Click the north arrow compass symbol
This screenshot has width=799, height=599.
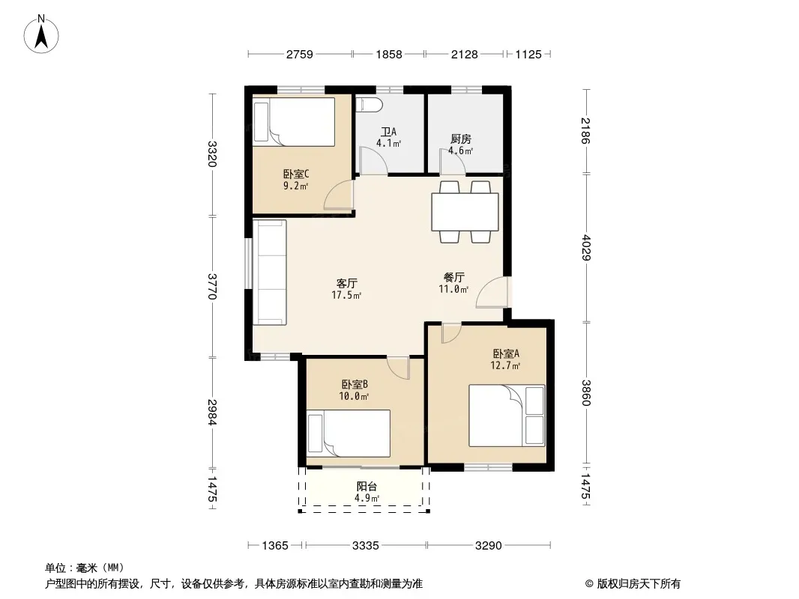pos(41,34)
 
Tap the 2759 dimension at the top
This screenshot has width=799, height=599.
pos(300,54)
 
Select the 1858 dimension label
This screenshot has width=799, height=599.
pos(389,54)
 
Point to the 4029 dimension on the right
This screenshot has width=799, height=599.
pos(585,247)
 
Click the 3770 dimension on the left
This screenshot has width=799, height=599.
pos(212,287)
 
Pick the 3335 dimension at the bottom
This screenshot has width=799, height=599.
pos(365,546)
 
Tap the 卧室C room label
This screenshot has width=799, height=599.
pos(296,174)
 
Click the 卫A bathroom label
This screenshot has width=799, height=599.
pos(389,132)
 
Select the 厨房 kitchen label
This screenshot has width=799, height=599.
pos(461,139)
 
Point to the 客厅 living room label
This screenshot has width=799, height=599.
pos(346,283)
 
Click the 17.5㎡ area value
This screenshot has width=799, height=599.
pos(346,295)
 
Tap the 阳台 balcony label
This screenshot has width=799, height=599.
pos(367,487)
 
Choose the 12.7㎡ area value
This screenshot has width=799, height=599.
pos(505,365)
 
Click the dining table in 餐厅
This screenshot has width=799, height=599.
pos(465,212)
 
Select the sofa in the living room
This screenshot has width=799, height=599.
pos(270,273)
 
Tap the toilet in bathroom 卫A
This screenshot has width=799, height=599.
pos(370,104)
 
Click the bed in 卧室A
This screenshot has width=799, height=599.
pos(507,416)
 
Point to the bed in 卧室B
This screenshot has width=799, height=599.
pos(349,433)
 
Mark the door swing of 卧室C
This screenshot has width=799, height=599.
pos(338,195)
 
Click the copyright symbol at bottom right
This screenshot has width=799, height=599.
pos(589,584)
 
